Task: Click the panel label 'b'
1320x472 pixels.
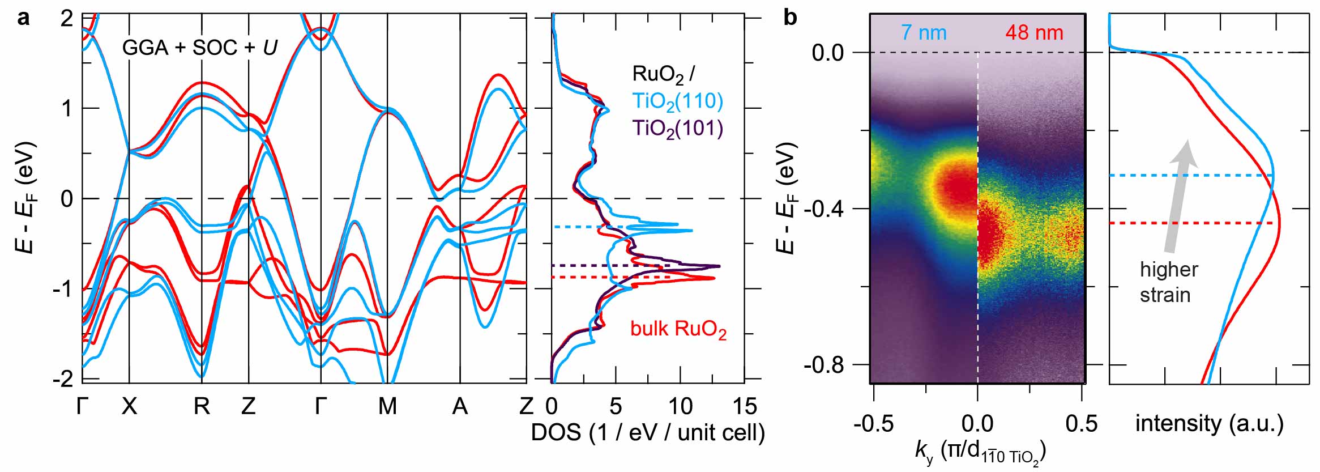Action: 790,18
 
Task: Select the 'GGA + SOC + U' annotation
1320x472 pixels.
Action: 199,48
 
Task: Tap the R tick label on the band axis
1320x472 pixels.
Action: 202,406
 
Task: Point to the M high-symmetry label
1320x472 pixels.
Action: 387,406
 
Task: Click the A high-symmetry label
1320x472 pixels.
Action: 460,406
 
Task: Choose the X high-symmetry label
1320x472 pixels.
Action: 130,406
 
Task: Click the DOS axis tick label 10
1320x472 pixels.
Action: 680,406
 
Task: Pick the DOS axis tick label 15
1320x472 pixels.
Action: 744,406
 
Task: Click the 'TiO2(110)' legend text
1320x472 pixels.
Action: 678,101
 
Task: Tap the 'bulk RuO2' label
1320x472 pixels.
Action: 678,329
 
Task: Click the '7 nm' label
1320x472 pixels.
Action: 924,32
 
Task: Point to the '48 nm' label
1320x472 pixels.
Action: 1034,32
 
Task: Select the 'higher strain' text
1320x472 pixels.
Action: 1168,282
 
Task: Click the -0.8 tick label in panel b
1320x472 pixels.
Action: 823,365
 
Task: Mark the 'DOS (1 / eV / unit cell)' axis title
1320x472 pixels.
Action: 648,432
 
